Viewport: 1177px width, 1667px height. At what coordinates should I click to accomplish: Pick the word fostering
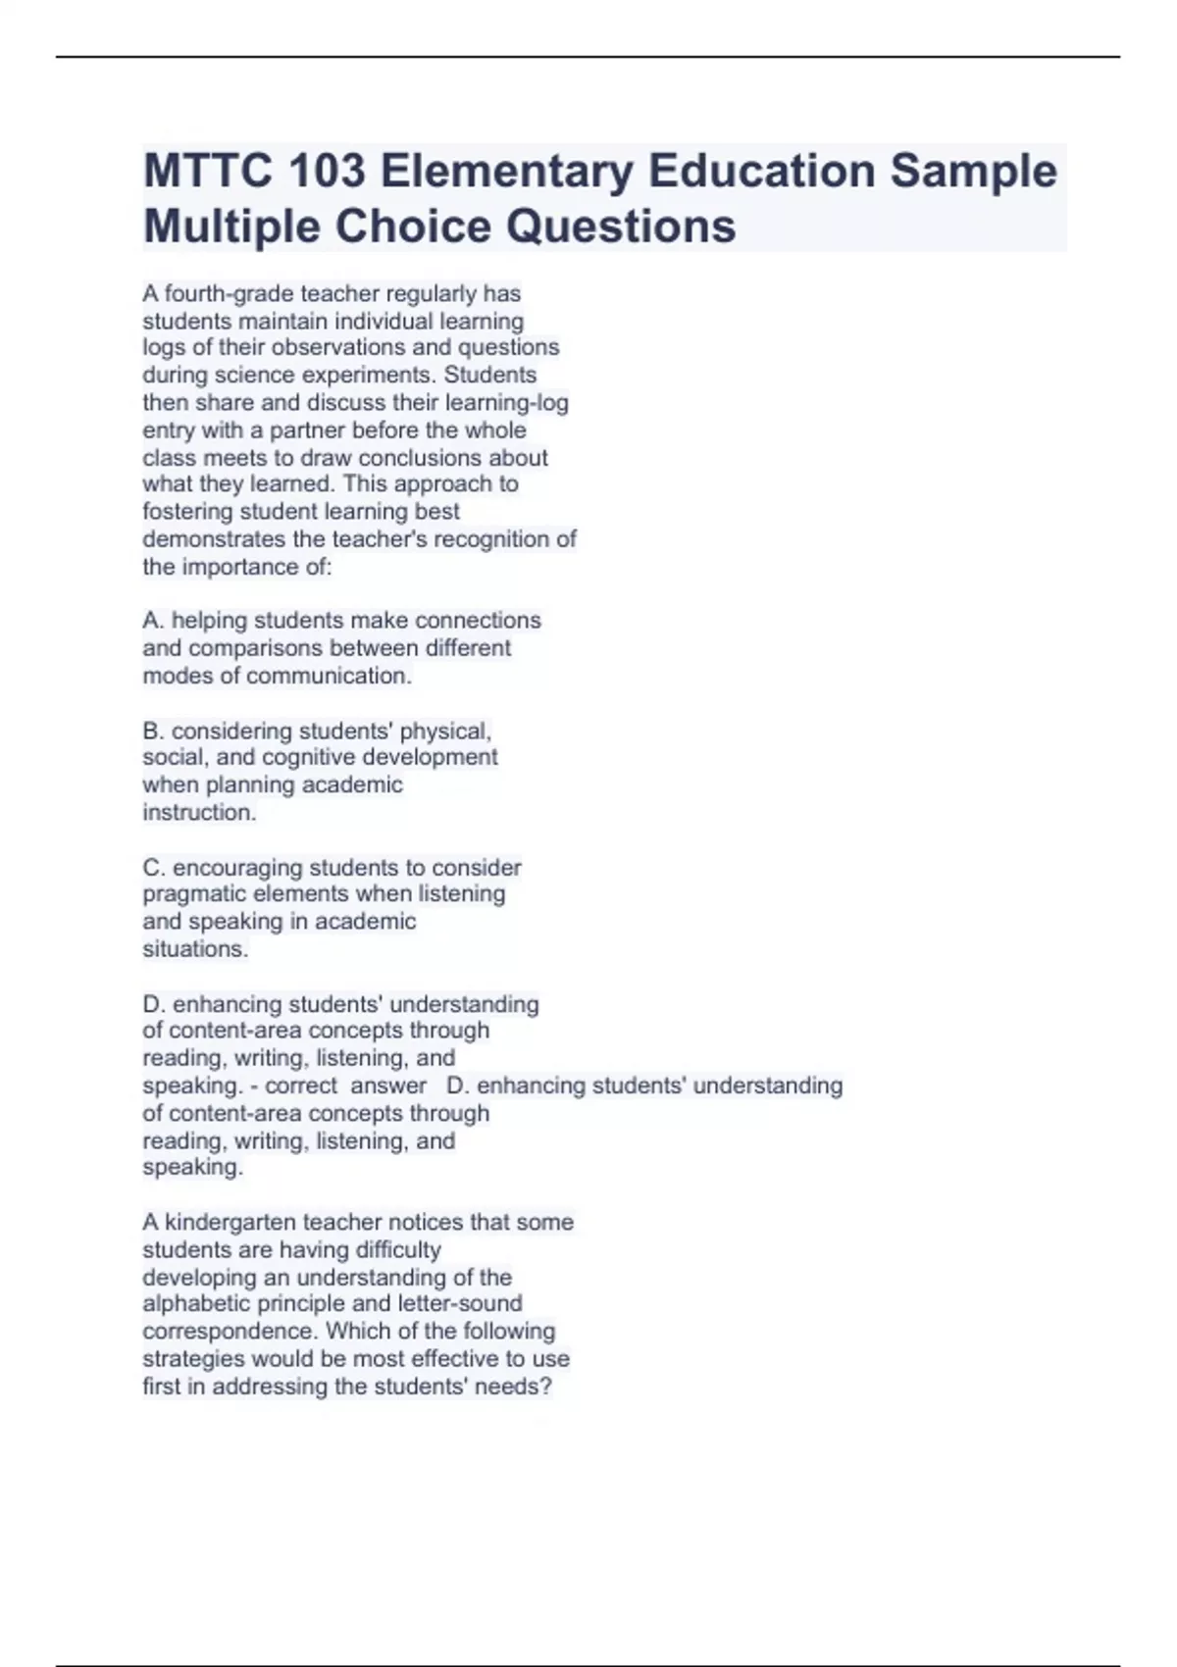tap(188, 511)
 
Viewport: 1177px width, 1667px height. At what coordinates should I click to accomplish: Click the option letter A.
tap(152, 621)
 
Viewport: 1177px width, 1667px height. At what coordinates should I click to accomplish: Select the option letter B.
tap(152, 731)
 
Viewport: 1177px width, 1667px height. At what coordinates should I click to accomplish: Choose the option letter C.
tap(152, 868)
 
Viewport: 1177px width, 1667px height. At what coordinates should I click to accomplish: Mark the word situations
tap(194, 949)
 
